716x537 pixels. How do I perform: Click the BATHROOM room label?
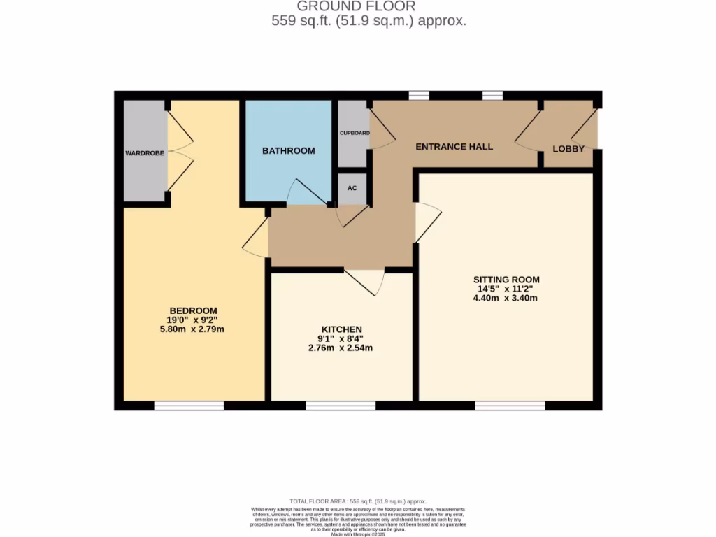[288, 150]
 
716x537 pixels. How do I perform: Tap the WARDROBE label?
[145, 152]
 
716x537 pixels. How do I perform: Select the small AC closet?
[352, 188]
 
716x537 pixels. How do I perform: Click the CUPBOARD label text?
[355, 133]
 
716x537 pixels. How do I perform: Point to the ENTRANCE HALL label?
[454, 147]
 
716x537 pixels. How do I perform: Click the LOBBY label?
[568, 149]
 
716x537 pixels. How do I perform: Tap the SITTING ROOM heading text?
[506, 280]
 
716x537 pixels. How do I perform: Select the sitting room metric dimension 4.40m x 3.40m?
[506, 298]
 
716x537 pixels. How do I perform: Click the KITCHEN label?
[341, 329]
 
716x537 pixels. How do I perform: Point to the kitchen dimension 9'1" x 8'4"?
[341, 339]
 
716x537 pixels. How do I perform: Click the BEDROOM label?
[193, 310]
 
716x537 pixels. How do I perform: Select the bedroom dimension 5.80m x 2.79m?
[193, 329]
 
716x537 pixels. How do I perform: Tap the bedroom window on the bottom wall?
[189, 406]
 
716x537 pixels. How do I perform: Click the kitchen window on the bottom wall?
[341, 406]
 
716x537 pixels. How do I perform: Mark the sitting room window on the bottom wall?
[510, 406]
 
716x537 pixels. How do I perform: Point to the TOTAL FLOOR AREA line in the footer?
[358, 501]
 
